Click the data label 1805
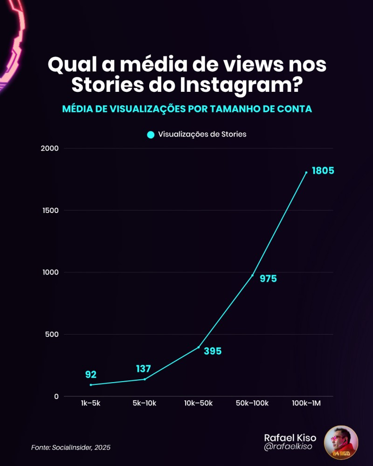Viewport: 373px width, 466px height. [323, 171]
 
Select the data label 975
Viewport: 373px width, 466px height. [268, 279]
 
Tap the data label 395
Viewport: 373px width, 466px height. [213, 351]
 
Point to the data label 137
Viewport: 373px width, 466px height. [144, 369]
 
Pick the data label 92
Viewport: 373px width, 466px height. [90, 374]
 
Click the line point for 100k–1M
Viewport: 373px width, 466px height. [306, 172]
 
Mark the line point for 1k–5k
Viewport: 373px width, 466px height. [90, 385]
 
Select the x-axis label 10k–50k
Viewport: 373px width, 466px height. [198, 403]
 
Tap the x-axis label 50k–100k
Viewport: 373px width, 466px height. [252, 403]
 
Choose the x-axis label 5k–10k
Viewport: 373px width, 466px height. [144, 403]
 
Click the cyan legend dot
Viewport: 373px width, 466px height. [151, 135]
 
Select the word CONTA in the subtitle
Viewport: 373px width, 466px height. [294, 109]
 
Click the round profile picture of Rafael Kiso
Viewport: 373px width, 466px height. [341, 442]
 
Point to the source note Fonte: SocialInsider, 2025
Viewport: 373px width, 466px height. [71, 447]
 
